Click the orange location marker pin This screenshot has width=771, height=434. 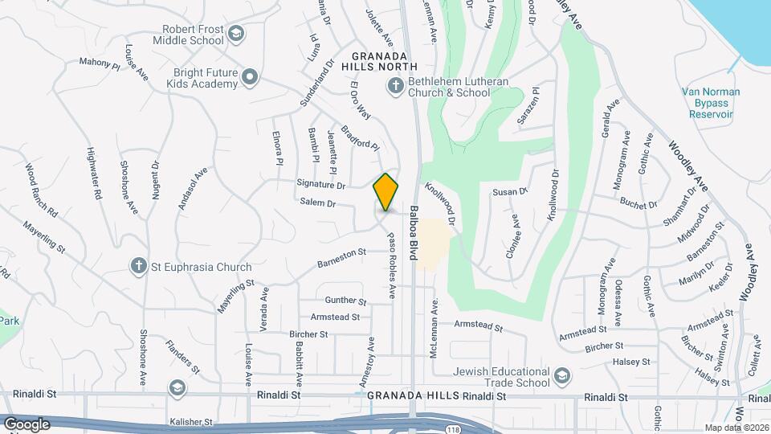click(x=386, y=192)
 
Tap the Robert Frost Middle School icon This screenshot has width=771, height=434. click(x=235, y=33)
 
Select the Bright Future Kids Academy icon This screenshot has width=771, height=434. click(x=250, y=77)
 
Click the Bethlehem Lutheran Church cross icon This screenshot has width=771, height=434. click(x=395, y=86)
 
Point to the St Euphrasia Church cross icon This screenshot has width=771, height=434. click(x=138, y=266)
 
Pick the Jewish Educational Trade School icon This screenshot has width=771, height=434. click(x=563, y=376)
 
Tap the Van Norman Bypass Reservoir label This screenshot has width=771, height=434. click(x=710, y=103)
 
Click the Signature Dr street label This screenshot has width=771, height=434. click(x=320, y=185)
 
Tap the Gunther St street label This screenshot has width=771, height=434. click(x=346, y=301)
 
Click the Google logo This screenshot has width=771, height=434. click(x=27, y=424)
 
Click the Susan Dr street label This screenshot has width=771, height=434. click(x=510, y=192)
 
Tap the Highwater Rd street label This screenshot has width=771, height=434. click(x=94, y=174)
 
